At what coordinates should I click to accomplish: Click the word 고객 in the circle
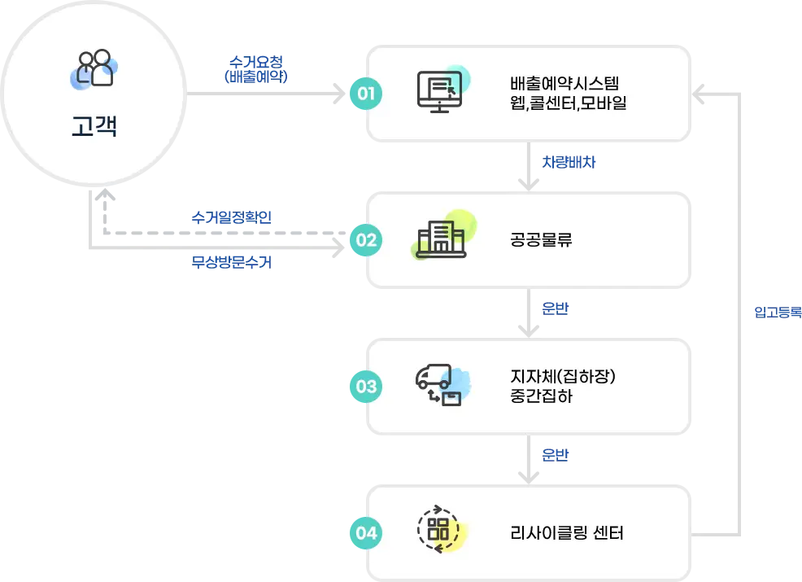pyautogui.click(x=94, y=127)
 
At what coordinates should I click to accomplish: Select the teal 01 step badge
pyautogui.click(x=366, y=94)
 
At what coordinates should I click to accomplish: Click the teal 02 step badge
pyautogui.click(x=366, y=240)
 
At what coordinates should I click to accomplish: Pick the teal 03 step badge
pyautogui.click(x=366, y=387)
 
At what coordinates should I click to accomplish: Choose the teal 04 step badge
pyautogui.click(x=366, y=533)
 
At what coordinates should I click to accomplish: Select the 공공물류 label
pyautogui.click(x=542, y=240)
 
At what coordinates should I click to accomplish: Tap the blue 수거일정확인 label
pyautogui.click(x=231, y=218)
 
